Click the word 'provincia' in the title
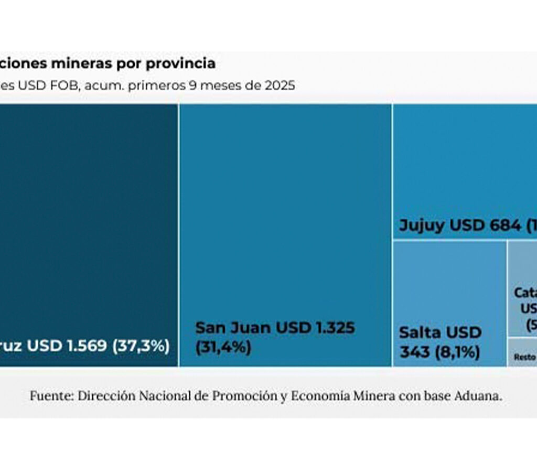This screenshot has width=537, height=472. click(183, 64)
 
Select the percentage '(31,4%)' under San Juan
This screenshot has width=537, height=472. click(223, 347)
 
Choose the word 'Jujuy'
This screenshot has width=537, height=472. click(422, 226)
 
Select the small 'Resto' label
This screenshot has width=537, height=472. click(524, 357)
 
